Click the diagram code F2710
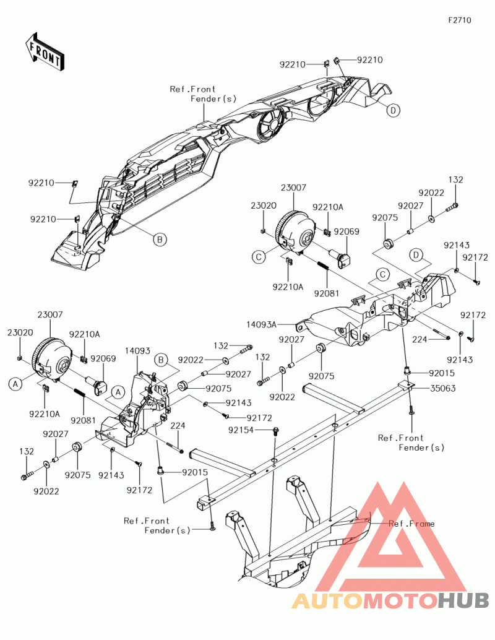[x=460, y=20]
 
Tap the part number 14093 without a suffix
[x=137, y=351]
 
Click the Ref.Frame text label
[x=411, y=524]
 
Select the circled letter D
[x=394, y=110]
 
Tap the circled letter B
[x=159, y=239]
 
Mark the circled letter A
[x=16, y=384]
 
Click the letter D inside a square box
[x=416, y=255]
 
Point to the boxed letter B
[x=161, y=359]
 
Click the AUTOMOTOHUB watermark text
[x=390, y=600]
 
